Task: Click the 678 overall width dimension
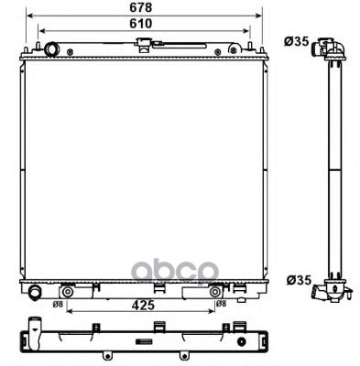(141, 8)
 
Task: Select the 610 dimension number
(141, 24)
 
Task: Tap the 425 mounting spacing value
(142, 305)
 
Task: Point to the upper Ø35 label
(297, 41)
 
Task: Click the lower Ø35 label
(299, 280)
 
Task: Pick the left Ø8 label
(58, 304)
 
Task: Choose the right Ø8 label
(221, 304)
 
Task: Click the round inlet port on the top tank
(51, 49)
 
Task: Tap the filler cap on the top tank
(143, 44)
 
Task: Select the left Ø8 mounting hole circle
(67, 292)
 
